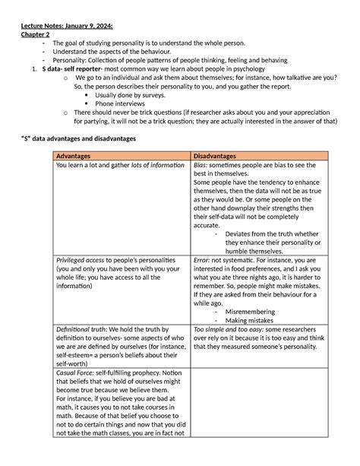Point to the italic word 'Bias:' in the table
point(201,165)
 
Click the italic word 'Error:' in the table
point(202,259)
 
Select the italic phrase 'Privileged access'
point(79,259)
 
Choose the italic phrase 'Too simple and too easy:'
point(228,330)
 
